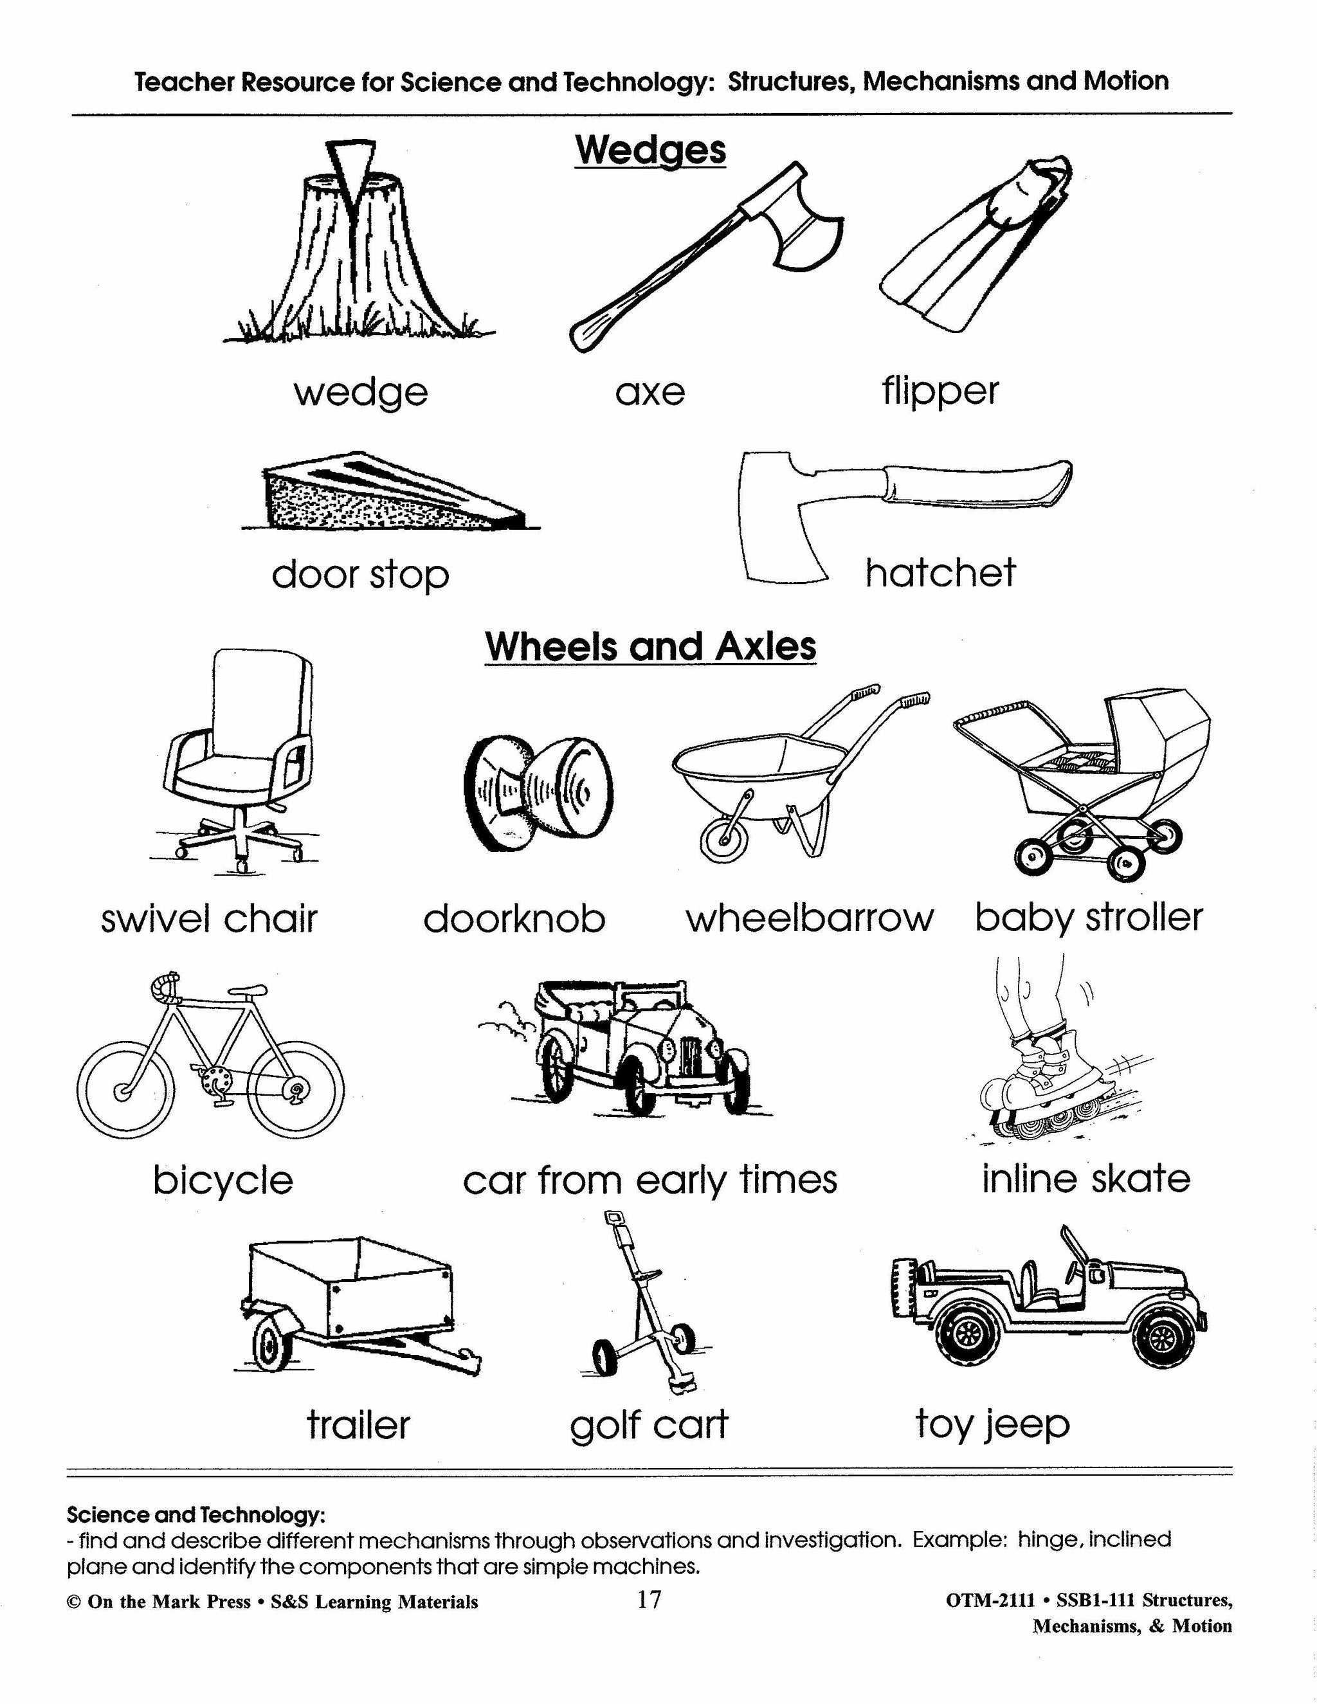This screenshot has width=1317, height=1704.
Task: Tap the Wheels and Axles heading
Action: click(x=650, y=646)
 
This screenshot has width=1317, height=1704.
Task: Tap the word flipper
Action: click(x=940, y=390)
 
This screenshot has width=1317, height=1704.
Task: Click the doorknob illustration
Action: click(x=538, y=792)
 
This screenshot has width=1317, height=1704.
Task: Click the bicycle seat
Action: click(x=248, y=991)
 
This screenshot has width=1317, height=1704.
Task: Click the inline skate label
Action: click(x=1085, y=1178)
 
